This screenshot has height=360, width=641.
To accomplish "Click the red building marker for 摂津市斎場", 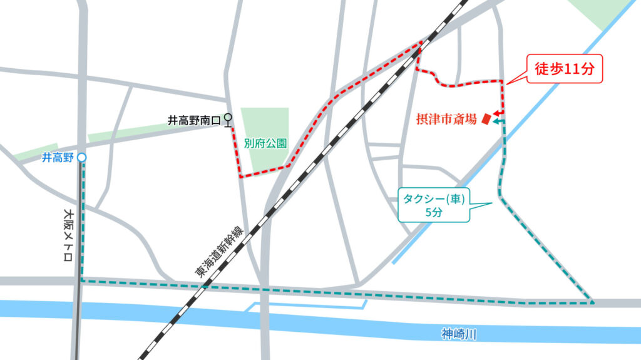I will pos(485,120).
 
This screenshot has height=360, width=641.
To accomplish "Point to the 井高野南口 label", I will pos(195,120).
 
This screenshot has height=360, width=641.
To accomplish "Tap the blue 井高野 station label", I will pos(58,158).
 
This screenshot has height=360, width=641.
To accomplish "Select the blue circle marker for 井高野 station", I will pos(81,158).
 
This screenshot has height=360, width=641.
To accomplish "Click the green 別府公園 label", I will pos(265,143).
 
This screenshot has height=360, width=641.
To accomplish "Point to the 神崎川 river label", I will pos(459,335).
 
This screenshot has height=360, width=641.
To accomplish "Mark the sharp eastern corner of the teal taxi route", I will pos(592,302).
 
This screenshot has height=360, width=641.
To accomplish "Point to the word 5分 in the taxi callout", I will pos(434,213).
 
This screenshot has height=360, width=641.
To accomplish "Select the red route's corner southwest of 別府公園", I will pos(240,177).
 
